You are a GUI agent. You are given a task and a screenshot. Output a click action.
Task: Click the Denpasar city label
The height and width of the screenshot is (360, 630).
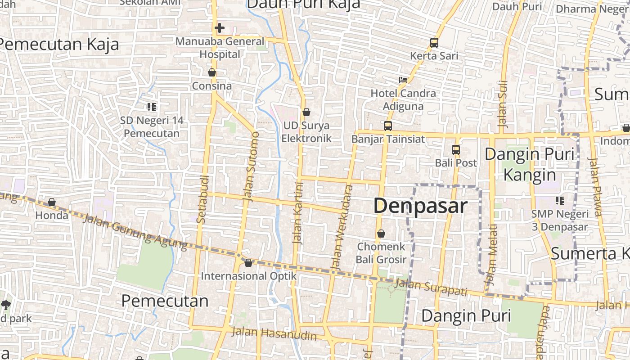pyautogui.click(x=420, y=206)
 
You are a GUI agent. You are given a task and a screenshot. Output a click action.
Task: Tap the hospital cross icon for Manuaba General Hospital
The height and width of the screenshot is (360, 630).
pyautogui.click(x=219, y=28)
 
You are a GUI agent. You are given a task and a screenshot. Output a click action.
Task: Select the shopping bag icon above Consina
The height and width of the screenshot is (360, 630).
pyautogui.click(x=212, y=72)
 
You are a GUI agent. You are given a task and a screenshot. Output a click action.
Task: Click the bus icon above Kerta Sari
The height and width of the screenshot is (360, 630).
pyautogui.click(x=434, y=43)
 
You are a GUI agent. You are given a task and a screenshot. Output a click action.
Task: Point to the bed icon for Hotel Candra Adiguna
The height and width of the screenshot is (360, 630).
pyautogui.click(x=403, y=80)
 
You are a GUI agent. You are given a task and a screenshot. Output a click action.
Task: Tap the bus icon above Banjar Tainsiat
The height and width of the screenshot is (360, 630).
pyautogui.click(x=387, y=126)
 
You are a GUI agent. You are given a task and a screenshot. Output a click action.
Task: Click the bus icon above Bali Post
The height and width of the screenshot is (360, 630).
pyautogui.click(x=456, y=150)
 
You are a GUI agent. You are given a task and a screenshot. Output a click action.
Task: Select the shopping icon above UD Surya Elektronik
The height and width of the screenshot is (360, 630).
pyautogui.click(x=306, y=112)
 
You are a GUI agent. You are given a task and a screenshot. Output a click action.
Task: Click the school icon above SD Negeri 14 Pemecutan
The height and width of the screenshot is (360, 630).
pyautogui.click(x=152, y=107)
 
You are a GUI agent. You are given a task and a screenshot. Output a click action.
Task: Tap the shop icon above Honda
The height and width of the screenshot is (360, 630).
pyautogui.click(x=52, y=202)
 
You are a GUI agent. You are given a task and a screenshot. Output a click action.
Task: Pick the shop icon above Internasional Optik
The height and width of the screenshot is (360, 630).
pyautogui.click(x=248, y=262)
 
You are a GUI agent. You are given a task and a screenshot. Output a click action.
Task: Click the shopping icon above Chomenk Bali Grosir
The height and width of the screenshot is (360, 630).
pyautogui.click(x=381, y=234)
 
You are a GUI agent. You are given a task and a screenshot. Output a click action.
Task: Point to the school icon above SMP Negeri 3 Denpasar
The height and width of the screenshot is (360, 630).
pyautogui.click(x=559, y=200)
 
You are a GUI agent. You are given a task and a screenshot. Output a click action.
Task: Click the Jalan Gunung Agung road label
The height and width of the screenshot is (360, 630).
pyautogui.click(x=135, y=232)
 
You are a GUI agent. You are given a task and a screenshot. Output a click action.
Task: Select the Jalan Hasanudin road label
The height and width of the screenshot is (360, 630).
pyautogui.click(x=274, y=334)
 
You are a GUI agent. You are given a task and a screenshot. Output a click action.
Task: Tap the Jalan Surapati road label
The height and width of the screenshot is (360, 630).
pyautogui.click(x=431, y=288)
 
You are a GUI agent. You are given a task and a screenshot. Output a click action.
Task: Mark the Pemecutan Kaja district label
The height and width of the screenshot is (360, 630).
pyautogui.click(x=59, y=44)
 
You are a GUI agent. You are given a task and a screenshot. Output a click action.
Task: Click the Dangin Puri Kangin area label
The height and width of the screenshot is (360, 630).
pyautogui.click(x=529, y=164)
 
